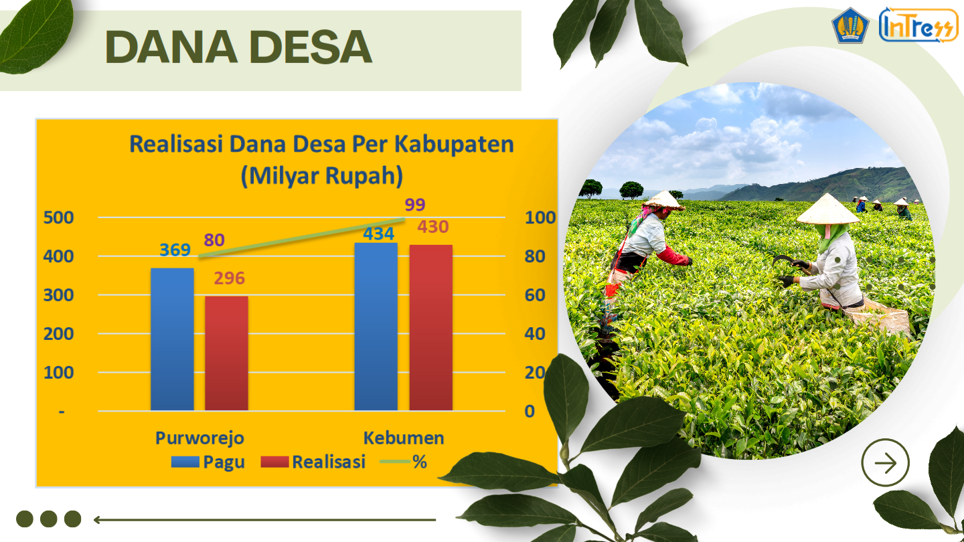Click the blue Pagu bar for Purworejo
tap(172, 339)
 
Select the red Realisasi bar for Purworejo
tap(226, 353)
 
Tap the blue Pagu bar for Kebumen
tap(376, 327)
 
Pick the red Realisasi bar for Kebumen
tap(431, 328)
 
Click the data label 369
tap(175, 250)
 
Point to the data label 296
tap(230, 278)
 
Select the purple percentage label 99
tap(415, 205)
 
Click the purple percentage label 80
tap(214, 240)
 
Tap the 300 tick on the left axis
tap(58, 295)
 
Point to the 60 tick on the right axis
tap(535, 295)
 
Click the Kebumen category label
tap(404, 438)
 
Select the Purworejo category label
tap(199, 438)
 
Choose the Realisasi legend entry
tap(313, 462)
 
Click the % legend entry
tap(403, 462)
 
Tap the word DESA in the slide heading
tap(311, 47)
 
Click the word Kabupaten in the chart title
tap(454, 145)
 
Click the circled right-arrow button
tap(885, 463)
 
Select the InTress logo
tap(918, 25)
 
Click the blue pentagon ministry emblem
tap(850, 25)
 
